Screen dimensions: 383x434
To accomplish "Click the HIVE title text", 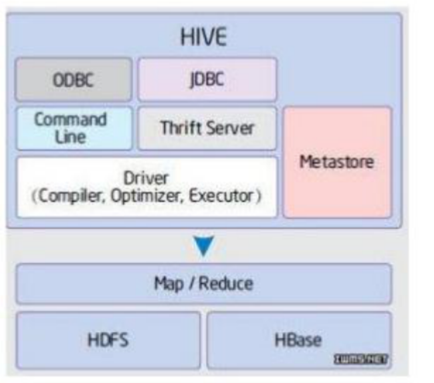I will click(x=204, y=37).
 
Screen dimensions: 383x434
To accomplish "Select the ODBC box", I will click(x=74, y=80).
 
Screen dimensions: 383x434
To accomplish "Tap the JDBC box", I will click(x=207, y=80).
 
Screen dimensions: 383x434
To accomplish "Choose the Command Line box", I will click(x=74, y=128).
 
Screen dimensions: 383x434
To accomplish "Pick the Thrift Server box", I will click(x=207, y=128).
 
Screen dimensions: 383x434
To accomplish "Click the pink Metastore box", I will click(x=337, y=162).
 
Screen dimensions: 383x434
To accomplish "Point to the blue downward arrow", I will click(x=205, y=246).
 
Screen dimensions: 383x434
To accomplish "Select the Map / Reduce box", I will click(x=204, y=284).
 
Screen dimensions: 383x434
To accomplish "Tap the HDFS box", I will click(x=108, y=340).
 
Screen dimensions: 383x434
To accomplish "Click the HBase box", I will click(x=299, y=340).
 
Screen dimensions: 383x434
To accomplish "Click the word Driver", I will click(x=146, y=179).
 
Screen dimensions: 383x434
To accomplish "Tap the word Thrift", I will click(x=180, y=128).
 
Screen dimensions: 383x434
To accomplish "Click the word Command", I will click(x=71, y=120).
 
